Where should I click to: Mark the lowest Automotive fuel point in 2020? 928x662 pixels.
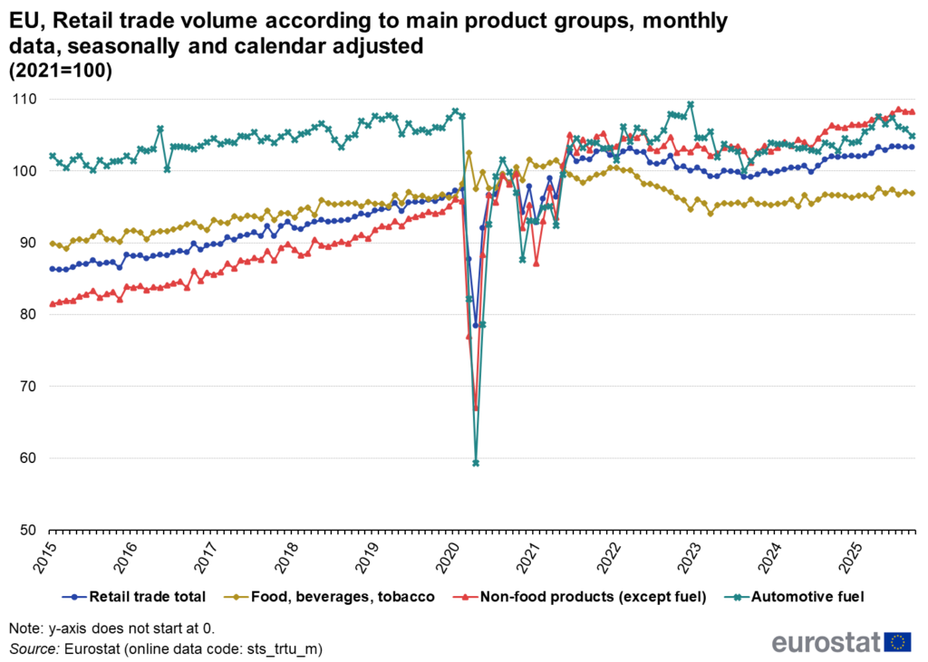coord(476,463)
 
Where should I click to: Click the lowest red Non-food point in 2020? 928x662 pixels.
coord(476,408)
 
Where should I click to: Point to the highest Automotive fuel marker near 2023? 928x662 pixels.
coord(691,104)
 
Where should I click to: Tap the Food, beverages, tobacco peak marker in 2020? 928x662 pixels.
coord(469,153)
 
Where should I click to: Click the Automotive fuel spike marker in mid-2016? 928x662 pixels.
coord(160,129)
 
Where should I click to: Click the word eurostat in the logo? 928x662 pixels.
coord(826,642)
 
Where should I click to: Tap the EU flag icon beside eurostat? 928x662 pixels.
coord(898,642)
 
